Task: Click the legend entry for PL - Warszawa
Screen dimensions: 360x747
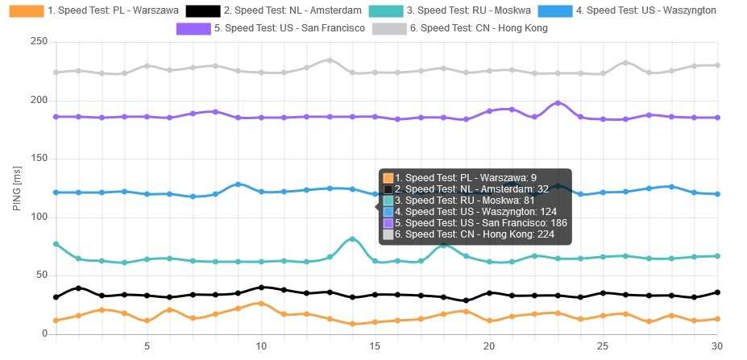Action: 89,11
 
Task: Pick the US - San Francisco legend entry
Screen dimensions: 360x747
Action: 271,28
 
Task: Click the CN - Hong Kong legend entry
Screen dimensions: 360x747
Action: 468,28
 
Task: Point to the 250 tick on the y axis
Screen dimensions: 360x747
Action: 37,42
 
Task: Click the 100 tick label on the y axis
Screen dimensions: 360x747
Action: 37,217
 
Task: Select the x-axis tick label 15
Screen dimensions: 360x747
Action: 375,346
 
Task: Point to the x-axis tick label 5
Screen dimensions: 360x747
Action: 147,346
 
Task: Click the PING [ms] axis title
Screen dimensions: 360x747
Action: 17,188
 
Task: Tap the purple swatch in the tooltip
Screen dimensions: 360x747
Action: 388,222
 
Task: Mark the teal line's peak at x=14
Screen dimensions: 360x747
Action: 352,239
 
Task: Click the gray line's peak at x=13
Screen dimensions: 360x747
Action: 330,60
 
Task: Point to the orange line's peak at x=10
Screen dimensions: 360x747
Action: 261,304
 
